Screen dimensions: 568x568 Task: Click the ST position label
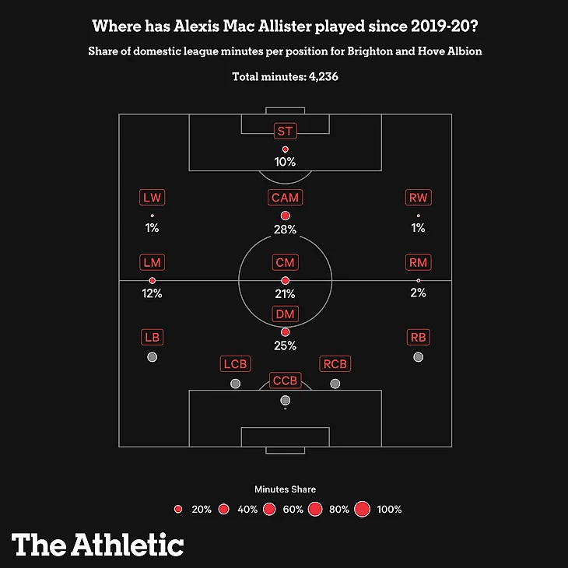click(x=285, y=131)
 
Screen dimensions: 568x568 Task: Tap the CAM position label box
click(x=285, y=198)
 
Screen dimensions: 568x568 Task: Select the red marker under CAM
click(x=285, y=216)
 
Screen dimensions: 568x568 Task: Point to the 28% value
click(x=285, y=230)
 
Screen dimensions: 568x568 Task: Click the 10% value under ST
click(x=285, y=163)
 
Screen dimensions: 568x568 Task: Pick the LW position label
click(x=152, y=198)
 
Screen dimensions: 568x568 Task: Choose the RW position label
click(x=419, y=198)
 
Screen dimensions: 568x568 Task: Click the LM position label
click(x=152, y=263)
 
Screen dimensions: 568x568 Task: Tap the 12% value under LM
click(x=152, y=294)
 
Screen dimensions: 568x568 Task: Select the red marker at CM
click(x=285, y=280)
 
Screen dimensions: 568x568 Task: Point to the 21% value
click(x=285, y=294)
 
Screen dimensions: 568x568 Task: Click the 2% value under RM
click(x=419, y=294)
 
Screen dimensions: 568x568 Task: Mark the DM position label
click(x=285, y=314)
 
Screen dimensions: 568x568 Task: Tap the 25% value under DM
click(x=285, y=345)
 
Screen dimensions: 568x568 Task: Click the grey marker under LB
click(x=152, y=357)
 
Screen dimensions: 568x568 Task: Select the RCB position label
click(x=335, y=364)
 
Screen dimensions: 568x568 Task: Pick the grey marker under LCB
click(x=235, y=384)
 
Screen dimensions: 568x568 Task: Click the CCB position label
click(x=285, y=380)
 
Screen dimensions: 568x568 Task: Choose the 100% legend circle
click(x=361, y=510)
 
